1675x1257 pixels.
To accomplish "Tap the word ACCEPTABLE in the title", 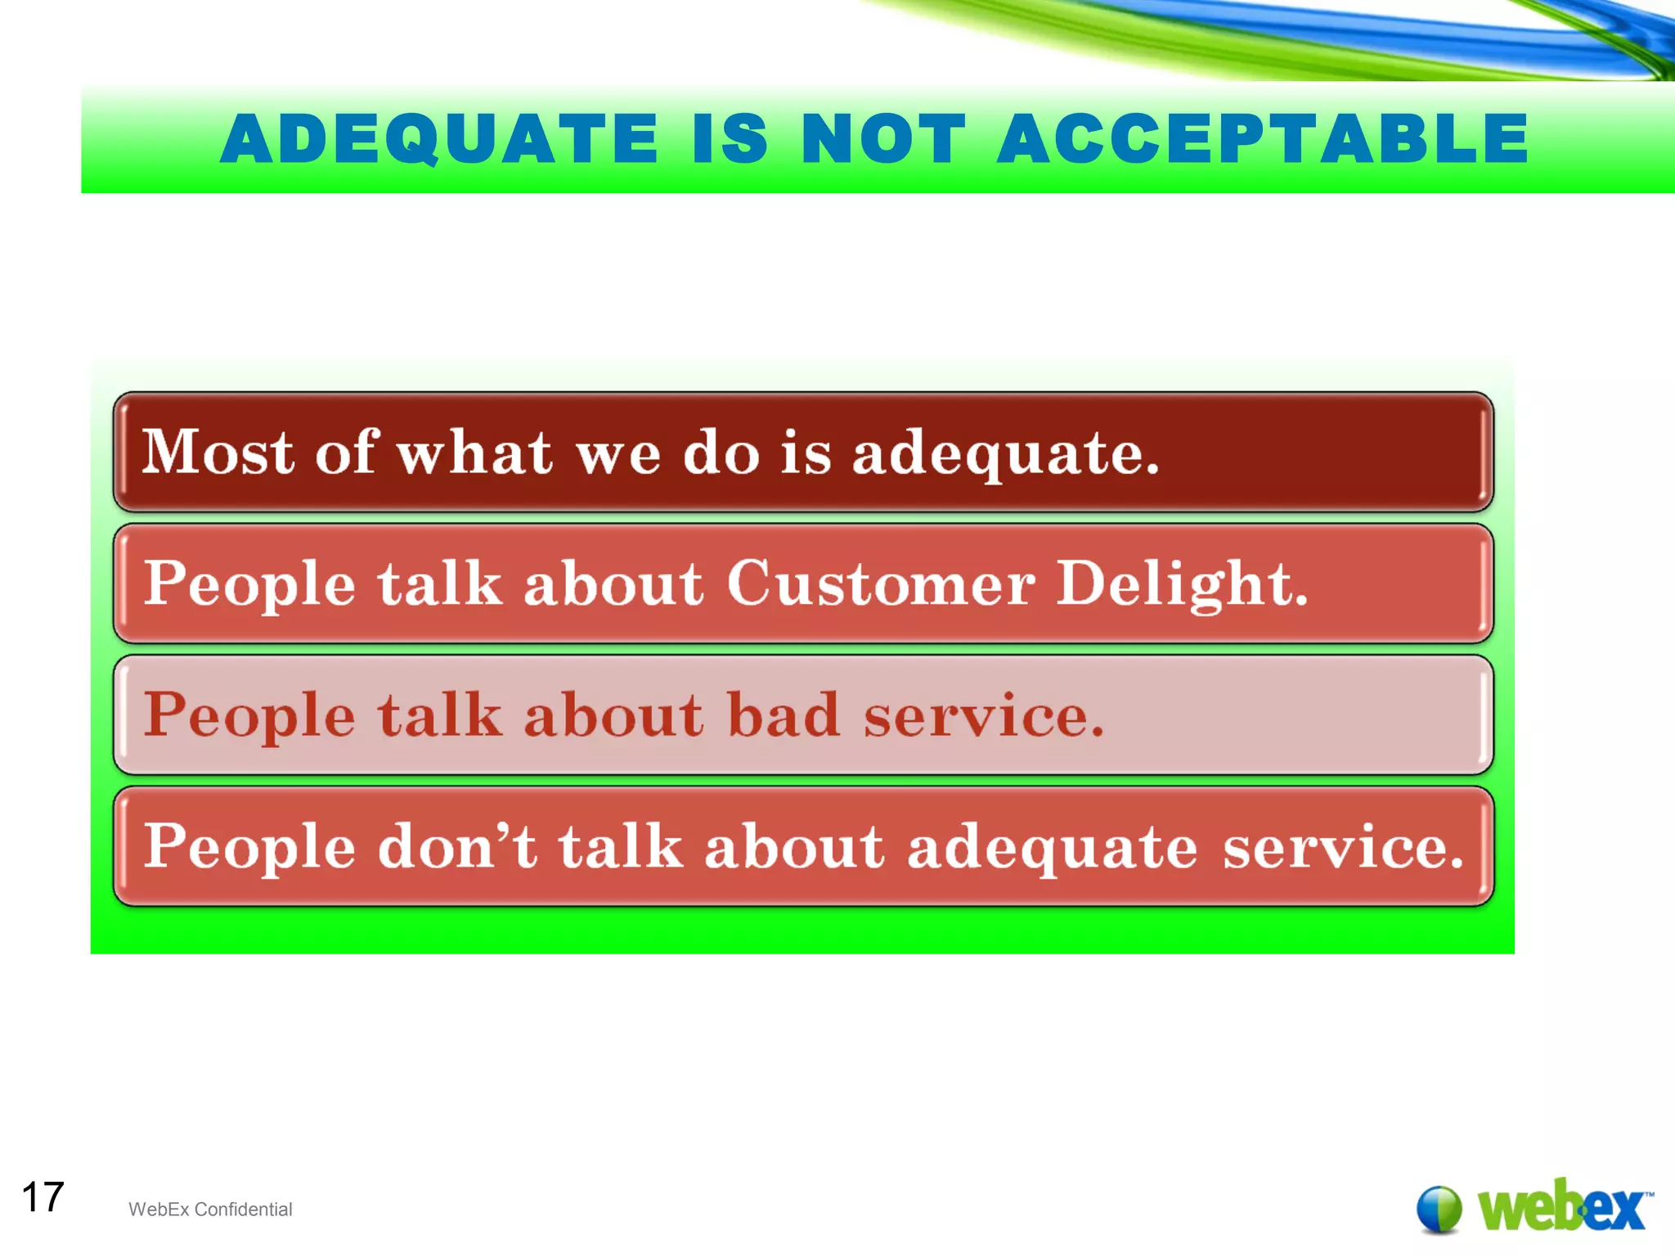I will [x=1263, y=139].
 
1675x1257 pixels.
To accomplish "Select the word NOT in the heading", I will [x=883, y=139].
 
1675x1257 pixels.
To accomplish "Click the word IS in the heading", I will [x=730, y=139].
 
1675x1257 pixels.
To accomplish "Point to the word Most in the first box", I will [x=218, y=452].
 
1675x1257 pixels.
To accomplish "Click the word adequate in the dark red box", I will [x=1005, y=454].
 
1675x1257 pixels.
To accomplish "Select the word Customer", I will [x=882, y=584].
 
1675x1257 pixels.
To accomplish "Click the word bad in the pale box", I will [x=783, y=715].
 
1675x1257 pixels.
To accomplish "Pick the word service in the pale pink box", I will [x=984, y=715].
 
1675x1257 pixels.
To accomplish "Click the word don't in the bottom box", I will [x=458, y=846].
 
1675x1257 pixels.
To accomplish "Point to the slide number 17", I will [x=43, y=1197].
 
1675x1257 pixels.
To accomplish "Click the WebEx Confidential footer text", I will [x=210, y=1210].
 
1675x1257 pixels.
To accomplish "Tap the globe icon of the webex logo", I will [x=1439, y=1209].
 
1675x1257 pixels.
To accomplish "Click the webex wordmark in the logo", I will [x=1562, y=1207].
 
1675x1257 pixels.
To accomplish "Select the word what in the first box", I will [x=474, y=453].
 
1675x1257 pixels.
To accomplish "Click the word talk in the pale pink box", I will [x=439, y=715].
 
